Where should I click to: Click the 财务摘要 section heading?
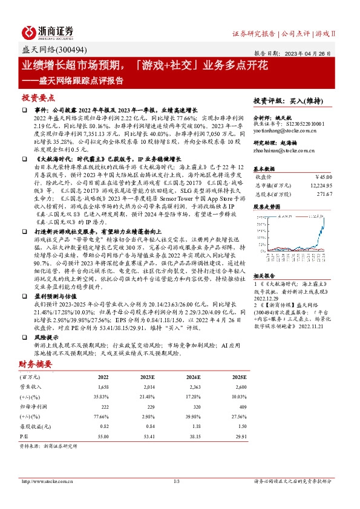coord(34,364)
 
